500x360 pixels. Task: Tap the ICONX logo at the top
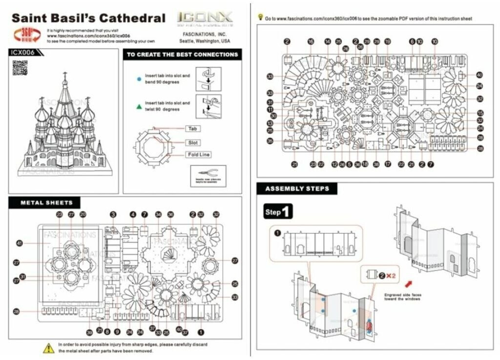point(205,19)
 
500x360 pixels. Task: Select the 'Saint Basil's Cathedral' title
point(88,19)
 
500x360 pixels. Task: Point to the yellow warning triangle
point(48,348)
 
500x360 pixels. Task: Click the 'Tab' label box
point(191,129)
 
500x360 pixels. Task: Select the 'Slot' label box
point(193,142)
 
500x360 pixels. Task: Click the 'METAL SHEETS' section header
point(46,202)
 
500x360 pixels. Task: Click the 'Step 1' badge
point(278,212)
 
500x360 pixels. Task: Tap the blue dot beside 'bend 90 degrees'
point(139,79)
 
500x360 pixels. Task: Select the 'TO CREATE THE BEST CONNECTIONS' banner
point(182,54)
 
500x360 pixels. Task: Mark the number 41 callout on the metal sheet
point(20,243)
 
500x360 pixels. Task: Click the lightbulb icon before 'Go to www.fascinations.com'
point(260,18)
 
